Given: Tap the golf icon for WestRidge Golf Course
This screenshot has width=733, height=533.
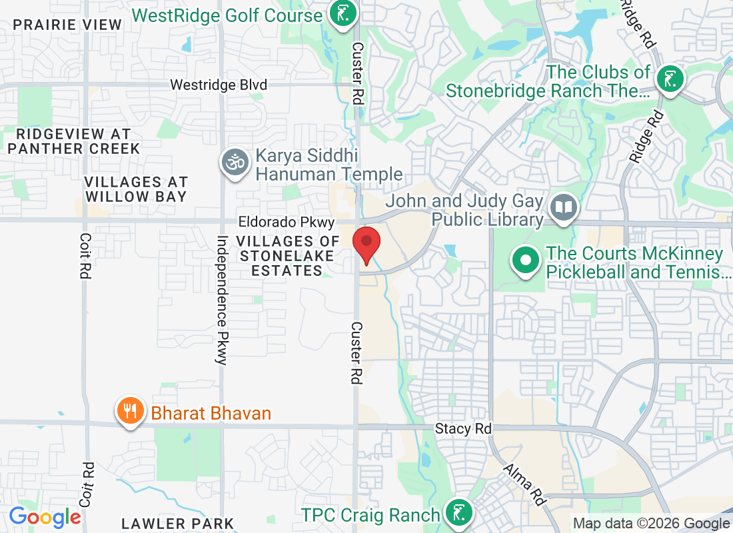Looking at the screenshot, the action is [x=343, y=15].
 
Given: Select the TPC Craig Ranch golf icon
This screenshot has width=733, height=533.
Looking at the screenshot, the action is [x=459, y=514].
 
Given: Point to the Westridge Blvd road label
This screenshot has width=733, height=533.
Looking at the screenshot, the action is [x=219, y=85].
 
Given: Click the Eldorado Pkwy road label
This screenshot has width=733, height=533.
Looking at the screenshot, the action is [x=288, y=221].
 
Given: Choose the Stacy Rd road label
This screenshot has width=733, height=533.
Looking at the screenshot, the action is [x=463, y=428].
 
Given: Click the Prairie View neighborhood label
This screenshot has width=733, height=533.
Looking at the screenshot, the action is [x=68, y=25].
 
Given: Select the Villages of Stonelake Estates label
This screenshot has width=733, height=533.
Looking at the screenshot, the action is [x=281, y=256].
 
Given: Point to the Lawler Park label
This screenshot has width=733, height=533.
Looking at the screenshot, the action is [x=178, y=524].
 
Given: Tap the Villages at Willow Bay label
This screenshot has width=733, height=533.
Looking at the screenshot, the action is [x=136, y=189].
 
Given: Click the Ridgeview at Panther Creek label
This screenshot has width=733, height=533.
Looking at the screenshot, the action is [x=74, y=141].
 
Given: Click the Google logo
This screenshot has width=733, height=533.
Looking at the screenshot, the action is [x=45, y=516].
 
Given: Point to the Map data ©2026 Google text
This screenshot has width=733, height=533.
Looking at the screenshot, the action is [x=652, y=524].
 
